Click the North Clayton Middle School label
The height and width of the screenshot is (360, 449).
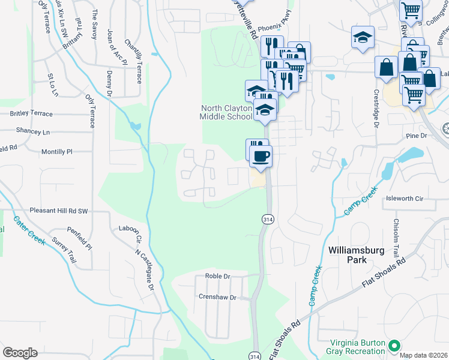pyautogui.click(x=226, y=112)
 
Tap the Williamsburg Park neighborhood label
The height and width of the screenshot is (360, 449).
pyautogui.click(x=356, y=254)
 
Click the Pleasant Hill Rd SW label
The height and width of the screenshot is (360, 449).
pyautogui.click(x=59, y=211)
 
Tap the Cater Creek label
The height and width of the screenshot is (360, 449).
pyautogui.click(x=29, y=230)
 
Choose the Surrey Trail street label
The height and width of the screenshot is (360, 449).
pyautogui.click(x=64, y=247)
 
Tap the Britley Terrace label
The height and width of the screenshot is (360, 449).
pyautogui.click(x=31, y=113)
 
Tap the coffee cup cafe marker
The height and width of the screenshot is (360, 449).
pyautogui.click(x=261, y=157)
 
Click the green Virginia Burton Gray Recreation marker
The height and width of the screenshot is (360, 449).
pyautogui.click(x=394, y=346)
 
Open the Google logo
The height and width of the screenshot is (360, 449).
pyautogui.click(x=20, y=353)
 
